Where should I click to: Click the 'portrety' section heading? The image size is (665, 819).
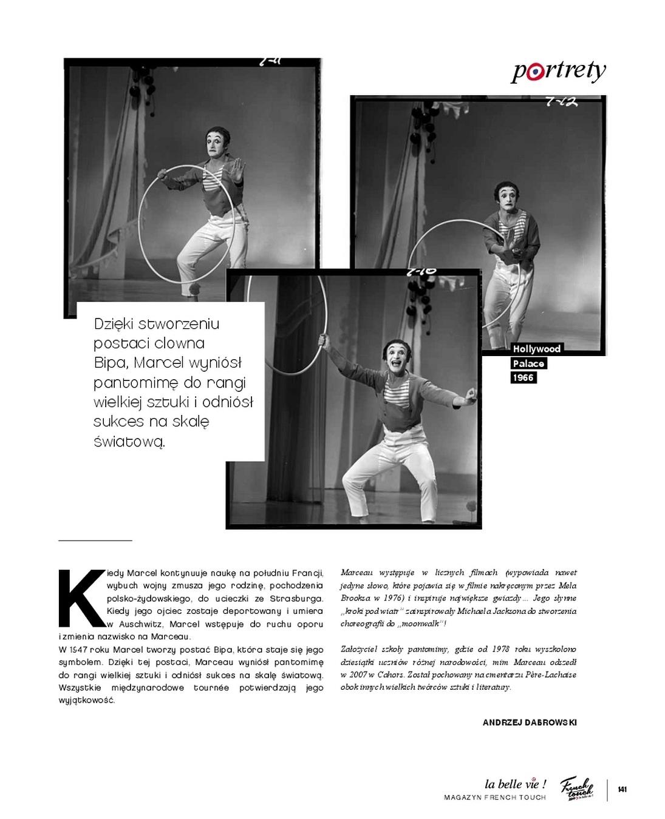(x=558, y=71)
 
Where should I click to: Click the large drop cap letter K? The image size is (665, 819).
(x=81, y=598)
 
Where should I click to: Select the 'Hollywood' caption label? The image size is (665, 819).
(x=536, y=349)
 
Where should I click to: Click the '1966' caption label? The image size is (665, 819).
(x=523, y=377)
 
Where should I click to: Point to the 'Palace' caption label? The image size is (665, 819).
(x=528, y=363)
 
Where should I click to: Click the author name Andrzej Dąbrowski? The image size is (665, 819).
(x=530, y=723)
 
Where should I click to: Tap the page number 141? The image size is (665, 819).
(x=622, y=789)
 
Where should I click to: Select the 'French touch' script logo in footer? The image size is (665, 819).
(x=576, y=788)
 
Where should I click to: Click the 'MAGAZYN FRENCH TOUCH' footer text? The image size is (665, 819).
(x=495, y=797)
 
